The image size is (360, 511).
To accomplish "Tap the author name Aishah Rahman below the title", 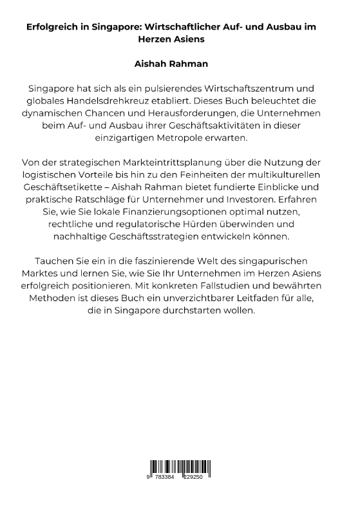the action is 180,66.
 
